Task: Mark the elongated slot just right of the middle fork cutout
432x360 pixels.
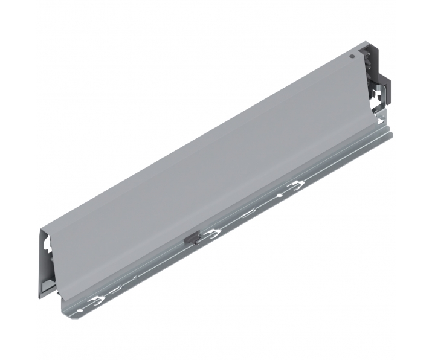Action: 248,212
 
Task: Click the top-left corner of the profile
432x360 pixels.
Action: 41,231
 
